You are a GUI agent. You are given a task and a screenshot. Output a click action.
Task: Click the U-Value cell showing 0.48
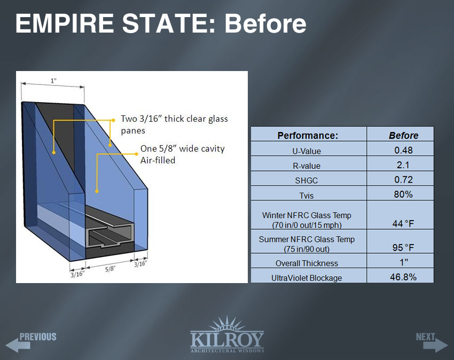pos(403,150)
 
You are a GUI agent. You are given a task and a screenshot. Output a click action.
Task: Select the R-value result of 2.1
pos(403,165)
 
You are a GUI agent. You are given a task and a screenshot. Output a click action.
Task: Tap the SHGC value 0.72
pos(403,179)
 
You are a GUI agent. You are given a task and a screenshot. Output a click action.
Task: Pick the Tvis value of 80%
pos(403,194)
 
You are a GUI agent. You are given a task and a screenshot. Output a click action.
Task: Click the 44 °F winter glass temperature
pos(403,224)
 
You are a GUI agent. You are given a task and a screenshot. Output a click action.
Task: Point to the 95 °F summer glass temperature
pos(403,248)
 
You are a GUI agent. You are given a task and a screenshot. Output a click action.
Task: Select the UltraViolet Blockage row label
pos(307,278)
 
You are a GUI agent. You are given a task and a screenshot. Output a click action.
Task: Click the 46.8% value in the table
pos(403,277)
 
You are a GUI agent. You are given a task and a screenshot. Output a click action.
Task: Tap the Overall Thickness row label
pos(307,263)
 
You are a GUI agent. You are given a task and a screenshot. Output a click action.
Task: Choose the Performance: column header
pos(308,136)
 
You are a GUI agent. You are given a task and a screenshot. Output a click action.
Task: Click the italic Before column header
pos(403,136)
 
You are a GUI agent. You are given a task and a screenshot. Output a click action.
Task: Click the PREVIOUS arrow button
pos(31,342)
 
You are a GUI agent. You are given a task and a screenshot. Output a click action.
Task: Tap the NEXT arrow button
pos(432,342)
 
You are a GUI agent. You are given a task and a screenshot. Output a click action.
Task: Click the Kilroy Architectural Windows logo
pos(227,335)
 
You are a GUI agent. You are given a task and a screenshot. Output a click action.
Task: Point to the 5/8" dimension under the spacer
pos(110,269)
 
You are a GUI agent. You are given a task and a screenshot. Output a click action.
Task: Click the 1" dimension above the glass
pos(53,81)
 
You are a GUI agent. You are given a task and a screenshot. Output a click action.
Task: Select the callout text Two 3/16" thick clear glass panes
pos(174,124)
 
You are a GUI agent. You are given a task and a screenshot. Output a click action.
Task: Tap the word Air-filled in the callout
pos(158,160)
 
